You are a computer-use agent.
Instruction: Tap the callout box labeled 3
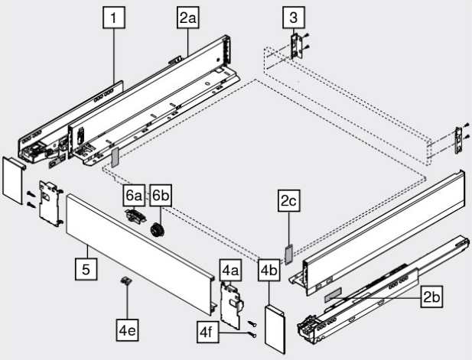pyautogui.click(x=291, y=17)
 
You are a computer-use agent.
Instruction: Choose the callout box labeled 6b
pyautogui.click(x=160, y=195)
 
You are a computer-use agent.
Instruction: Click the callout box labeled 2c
pyautogui.click(x=288, y=203)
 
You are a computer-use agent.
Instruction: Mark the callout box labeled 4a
pyautogui.click(x=230, y=270)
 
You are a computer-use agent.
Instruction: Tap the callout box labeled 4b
pyautogui.click(x=269, y=270)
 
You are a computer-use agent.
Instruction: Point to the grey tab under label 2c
pyautogui.click(x=288, y=253)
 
